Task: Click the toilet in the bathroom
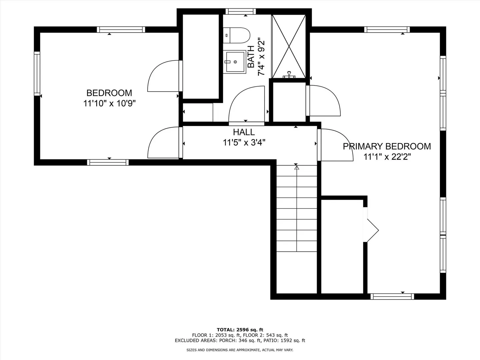click(x=236, y=35)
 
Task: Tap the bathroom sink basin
click(x=235, y=62)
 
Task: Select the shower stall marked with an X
click(x=289, y=46)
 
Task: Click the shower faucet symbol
click(x=289, y=75)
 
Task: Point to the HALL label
click(x=244, y=132)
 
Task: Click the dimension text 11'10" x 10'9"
click(x=109, y=103)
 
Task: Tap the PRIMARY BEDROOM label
click(x=387, y=146)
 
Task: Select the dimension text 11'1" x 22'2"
click(x=387, y=157)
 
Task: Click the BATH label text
click(x=251, y=57)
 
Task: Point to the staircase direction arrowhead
click(x=297, y=168)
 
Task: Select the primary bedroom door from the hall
click(x=335, y=145)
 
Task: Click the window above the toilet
click(x=241, y=11)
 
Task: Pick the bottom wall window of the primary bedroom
click(x=392, y=296)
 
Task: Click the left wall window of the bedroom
click(x=37, y=74)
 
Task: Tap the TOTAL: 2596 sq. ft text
click(x=240, y=330)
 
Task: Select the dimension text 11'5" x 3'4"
click(x=244, y=143)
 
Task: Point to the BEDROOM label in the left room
click(x=109, y=93)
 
